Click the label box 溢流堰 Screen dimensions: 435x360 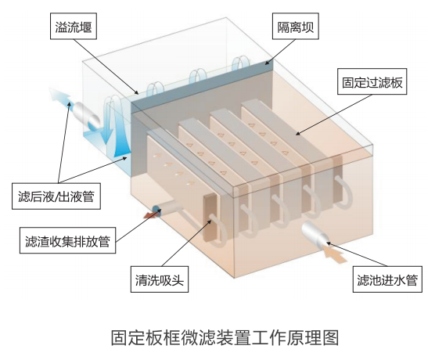[74, 26]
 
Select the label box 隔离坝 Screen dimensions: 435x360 [296, 26]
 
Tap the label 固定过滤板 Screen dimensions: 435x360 [372, 81]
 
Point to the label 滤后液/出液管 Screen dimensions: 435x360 [56, 196]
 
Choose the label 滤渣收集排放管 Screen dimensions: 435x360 [67, 240]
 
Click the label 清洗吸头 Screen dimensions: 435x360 [160, 279]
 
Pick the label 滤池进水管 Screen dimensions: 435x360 [387, 279]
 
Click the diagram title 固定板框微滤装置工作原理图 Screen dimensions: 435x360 [225, 338]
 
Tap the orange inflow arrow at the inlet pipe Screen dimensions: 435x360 [335, 254]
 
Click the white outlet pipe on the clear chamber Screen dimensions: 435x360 [87, 116]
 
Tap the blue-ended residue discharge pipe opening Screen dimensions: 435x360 [157, 209]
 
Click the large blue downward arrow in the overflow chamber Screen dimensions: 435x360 [108, 122]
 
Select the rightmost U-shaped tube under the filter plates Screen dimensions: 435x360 [343, 192]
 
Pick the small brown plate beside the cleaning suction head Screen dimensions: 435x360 [210, 216]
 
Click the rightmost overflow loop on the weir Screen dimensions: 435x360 [240, 64]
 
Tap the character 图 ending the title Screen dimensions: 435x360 [331, 338]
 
